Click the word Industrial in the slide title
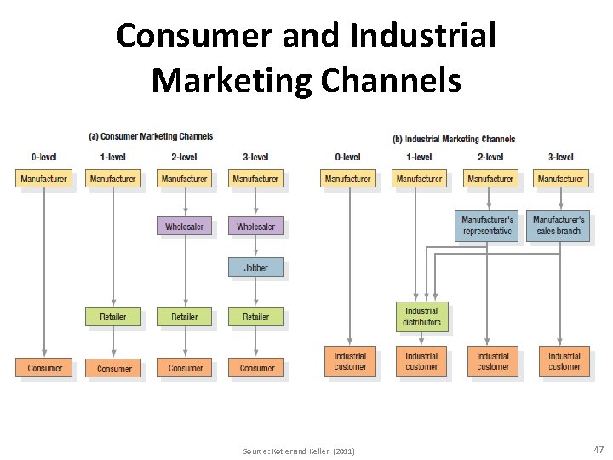click(x=422, y=36)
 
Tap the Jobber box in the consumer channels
click(x=255, y=267)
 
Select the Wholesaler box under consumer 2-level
click(x=184, y=227)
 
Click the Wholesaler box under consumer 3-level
click(x=255, y=227)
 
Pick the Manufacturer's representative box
click(x=488, y=226)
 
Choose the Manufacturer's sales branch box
click(x=559, y=226)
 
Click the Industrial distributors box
click(x=421, y=317)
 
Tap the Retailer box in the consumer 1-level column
click(x=112, y=317)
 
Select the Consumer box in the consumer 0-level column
click(x=44, y=368)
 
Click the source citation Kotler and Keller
click(x=299, y=451)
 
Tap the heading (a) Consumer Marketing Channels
click(x=152, y=136)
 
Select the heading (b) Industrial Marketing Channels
click(x=454, y=139)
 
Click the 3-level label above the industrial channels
click(x=561, y=157)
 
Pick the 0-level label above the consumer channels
click(x=43, y=157)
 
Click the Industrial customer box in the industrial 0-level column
click(x=350, y=361)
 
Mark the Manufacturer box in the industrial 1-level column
click(x=420, y=179)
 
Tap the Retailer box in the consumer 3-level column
click(x=255, y=317)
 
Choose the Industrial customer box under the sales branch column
click(x=564, y=361)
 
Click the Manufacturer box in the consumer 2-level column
click(x=184, y=179)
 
